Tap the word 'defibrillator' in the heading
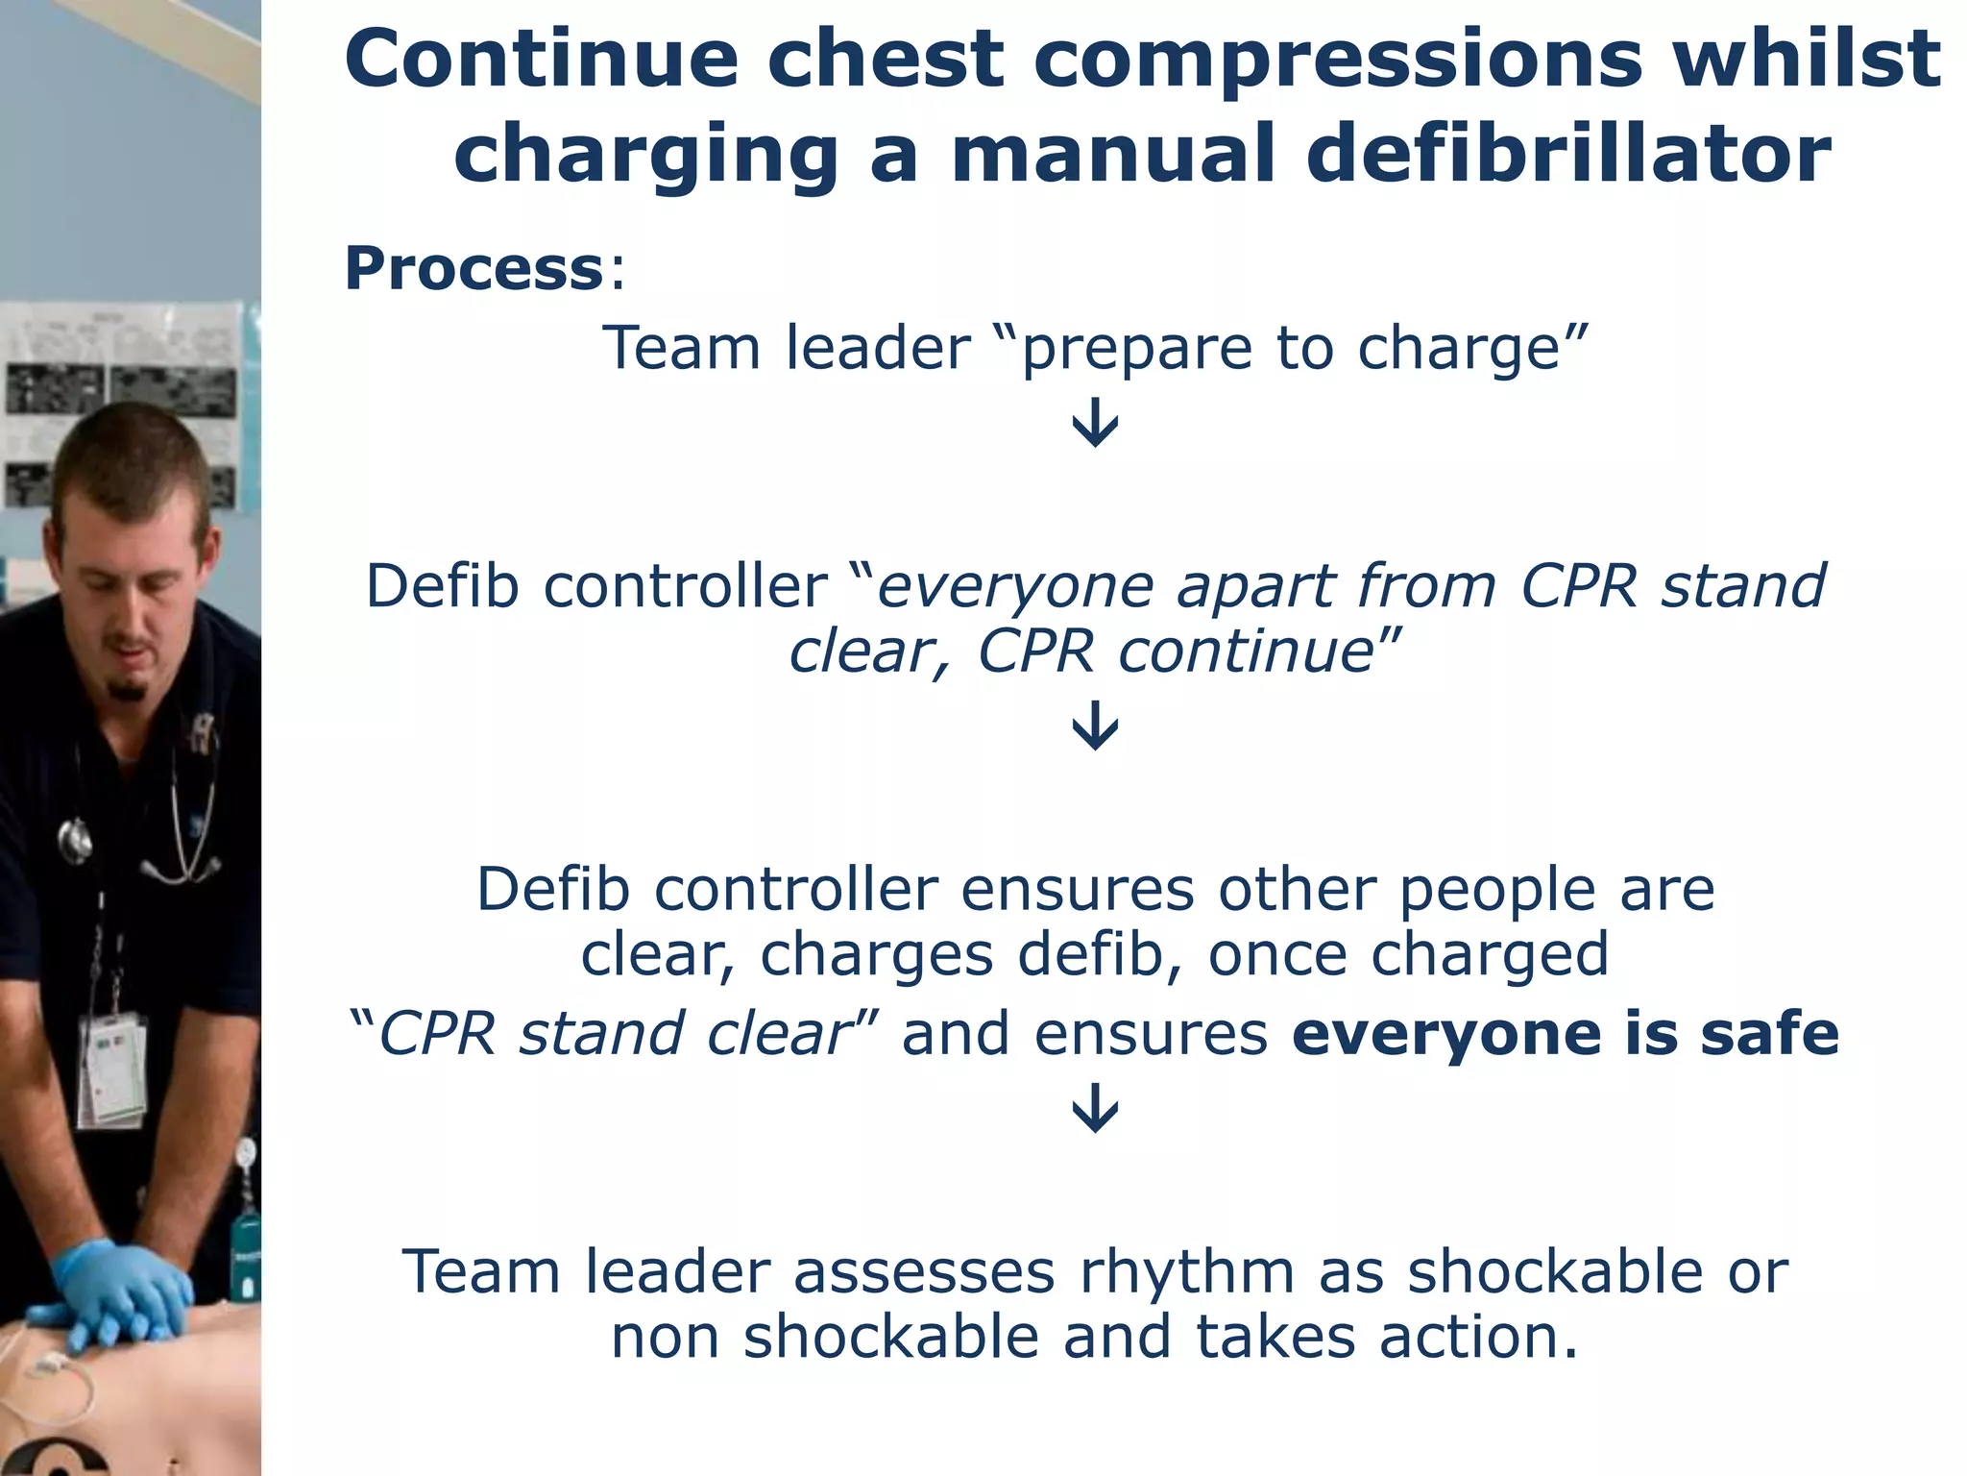tap(1568, 154)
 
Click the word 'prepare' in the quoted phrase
tap(1135, 349)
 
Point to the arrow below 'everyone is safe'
tap(1095, 1107)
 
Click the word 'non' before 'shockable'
tap(665, 1338)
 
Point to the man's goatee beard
tap(128, 689)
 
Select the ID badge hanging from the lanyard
tap(113, 1067)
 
